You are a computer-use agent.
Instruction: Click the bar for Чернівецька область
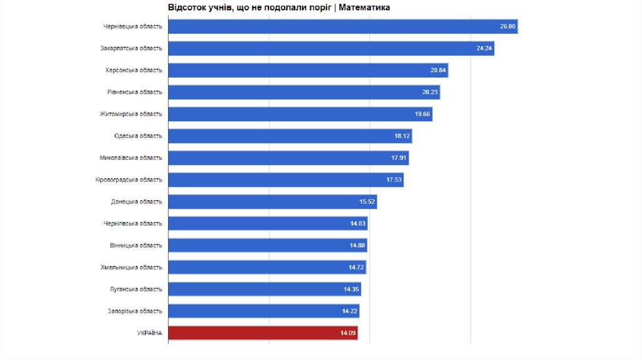pyautogui.click(x=342, y=26)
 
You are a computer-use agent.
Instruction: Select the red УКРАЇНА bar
pyautogui.click(x=263, y=333)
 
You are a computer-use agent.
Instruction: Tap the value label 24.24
pyautogui.click(x=484, y=48)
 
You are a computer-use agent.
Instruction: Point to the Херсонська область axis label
pyautogui.click(x=134, y=70)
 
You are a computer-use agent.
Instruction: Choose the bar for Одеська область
pyautogui.click(x=290, y=136)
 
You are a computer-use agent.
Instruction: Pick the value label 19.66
pyautogui.click(x=422, y=114)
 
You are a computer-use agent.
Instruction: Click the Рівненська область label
pyautogui.click(x=134, y=92)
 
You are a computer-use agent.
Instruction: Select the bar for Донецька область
pyautogui.click(x=272, y=202)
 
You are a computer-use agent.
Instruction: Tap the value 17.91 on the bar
pyautogui.click(x=399, y=158)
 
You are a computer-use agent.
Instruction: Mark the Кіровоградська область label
pyautogui.click(x=129, y=180)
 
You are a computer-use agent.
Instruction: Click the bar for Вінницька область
pyautogui.click(x=267, y=246)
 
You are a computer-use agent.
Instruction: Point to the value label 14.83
pyautogui.click(x=358, y=224)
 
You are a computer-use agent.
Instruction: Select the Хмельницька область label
pyautogui.click(x=131, y=268)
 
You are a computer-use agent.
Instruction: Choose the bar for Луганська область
pyautogui.click(x=265, y=290)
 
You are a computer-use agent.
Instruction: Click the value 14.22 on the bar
pyautogui.click(x=349, y=312)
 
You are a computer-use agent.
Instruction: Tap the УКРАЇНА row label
pyautogui.click(x=149, y=333)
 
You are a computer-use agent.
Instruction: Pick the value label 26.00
pyautogui.click(x=507, y=26)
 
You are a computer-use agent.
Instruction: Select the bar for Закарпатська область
pyautogui.click(x=331, y=48)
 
